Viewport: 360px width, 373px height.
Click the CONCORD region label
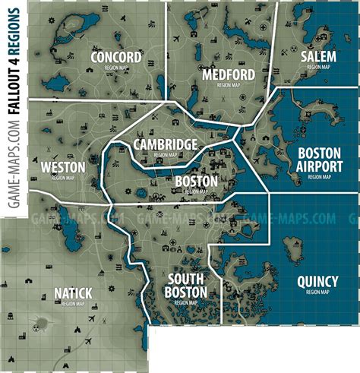(115, 58)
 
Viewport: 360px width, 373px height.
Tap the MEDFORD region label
(227, 74)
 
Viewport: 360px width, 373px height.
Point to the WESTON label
(58, 166)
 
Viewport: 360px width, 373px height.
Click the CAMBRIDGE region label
(165, 144)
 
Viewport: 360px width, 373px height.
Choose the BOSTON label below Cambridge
(196, 182)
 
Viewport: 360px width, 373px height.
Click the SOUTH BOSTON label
(188, 286)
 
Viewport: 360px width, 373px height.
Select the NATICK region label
(73, 292)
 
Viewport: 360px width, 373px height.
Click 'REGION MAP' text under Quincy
(317, 291)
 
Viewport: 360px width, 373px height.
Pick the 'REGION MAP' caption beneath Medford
(227, 86)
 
